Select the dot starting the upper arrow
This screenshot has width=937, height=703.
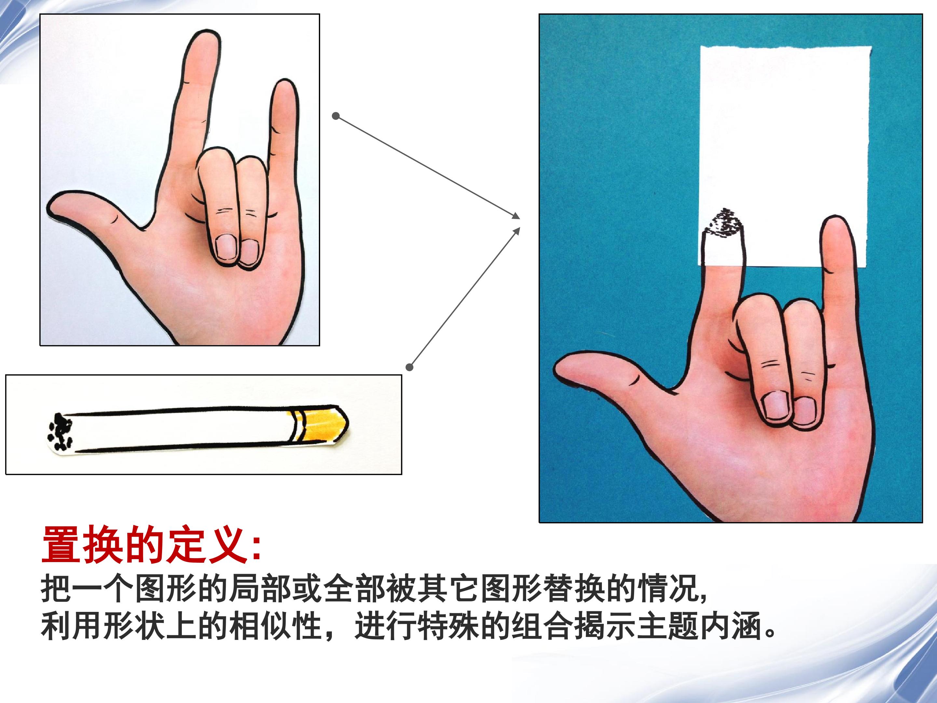[x=336, y=116]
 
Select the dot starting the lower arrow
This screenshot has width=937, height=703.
[x=409, y=367]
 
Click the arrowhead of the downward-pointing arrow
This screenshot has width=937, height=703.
[x=516, y=216]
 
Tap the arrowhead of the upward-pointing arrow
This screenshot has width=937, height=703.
[x=516, y=231]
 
